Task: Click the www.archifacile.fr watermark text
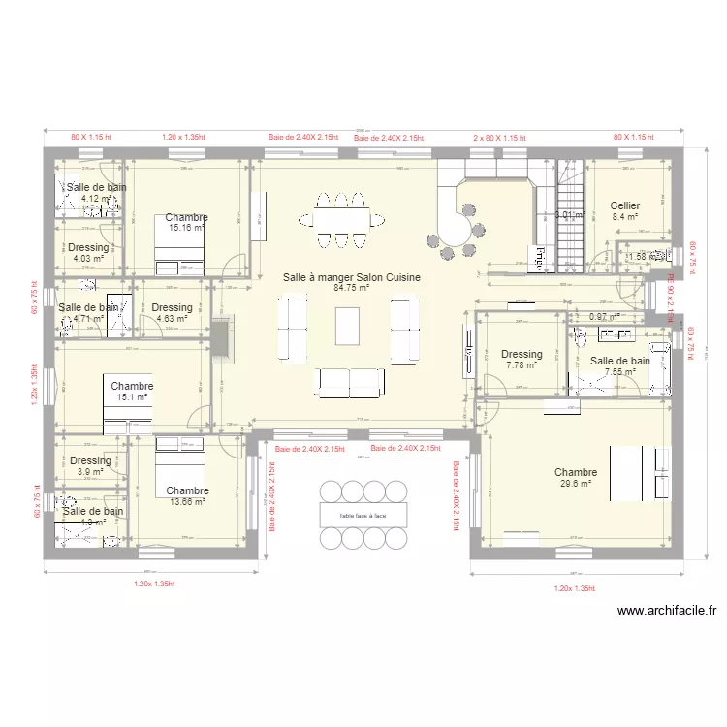tap(666, 611)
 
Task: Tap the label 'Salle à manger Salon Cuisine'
tap(352, 277)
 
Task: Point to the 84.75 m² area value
tap(352, 288)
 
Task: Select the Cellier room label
tap(624, 205)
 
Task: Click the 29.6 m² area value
tap(576, 484)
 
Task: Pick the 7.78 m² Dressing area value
tap(521, 365)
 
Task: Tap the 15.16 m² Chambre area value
tap(185, 228)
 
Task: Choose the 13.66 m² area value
tap(186, 501)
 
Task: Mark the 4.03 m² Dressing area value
tap(88, 258)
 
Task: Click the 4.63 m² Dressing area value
tap(172, 318)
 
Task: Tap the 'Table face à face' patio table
tap(363, 515)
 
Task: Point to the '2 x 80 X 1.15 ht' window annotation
tap(499, 139)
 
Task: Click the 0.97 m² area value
tap(605, 317)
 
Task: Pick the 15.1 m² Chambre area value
tap(132, 396)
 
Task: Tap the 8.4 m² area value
tap(624, 217)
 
